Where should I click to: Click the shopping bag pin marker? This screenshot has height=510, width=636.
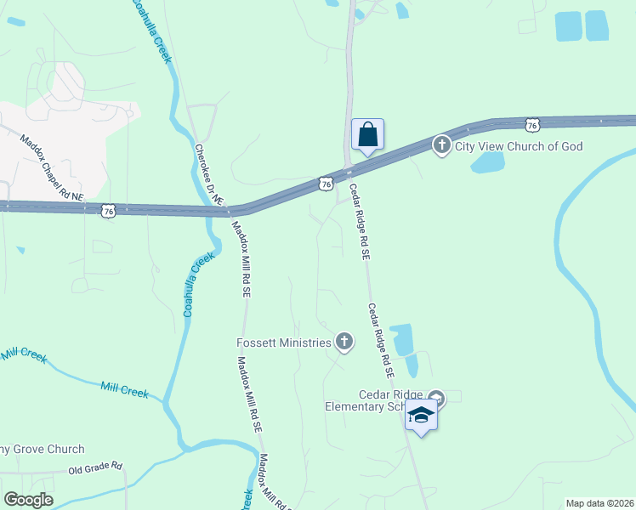pyautogui.click(x=367, y=135)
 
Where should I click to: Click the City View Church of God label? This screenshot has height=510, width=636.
pyautogui.click(x=519, y=146)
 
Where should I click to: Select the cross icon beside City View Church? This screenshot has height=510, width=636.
pyautogui.click(x=441, y=145)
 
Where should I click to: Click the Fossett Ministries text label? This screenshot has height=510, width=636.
pyautogui.click(x=283, y=343)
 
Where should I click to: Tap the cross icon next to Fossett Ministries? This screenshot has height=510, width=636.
pyautogui.click(x=344, y=342)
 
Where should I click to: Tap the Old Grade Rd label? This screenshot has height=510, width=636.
pyautogui.click(x=95, y=467)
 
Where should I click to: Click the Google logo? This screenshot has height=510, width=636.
pyautogui.click(x=28, y=500)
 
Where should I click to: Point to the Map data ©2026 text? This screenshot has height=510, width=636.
pyautogui.click(x=599, y=502)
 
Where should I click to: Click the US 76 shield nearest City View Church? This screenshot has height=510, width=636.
pyautogui.click(x=531, y=125)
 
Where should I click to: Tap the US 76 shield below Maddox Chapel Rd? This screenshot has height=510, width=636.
pyautogui.click(x=107, y=210)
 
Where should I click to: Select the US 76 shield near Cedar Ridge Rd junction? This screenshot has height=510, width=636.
pyautogui.click(x=326, y=183)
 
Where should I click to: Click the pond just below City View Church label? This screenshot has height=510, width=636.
pyautogui.click(x=487, y=162)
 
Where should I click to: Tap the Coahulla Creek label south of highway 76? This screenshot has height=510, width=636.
pyautogui.click(x=195, y=286)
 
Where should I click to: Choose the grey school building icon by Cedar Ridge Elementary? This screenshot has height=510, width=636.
pyautogui.click(x=436, y=396)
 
